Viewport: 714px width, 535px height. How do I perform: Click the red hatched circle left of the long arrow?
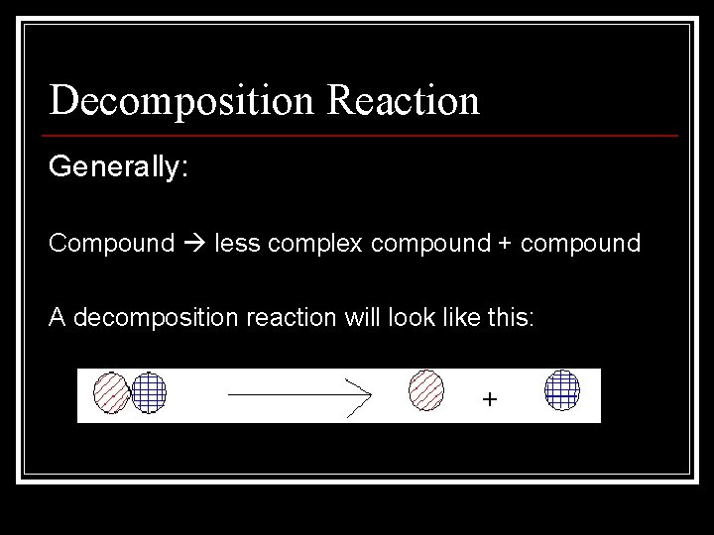click(x=110, y=392)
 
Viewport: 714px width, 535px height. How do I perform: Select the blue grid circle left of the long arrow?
click(x=149, y=391)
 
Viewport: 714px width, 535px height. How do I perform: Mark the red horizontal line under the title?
click(x=362, y=135)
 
